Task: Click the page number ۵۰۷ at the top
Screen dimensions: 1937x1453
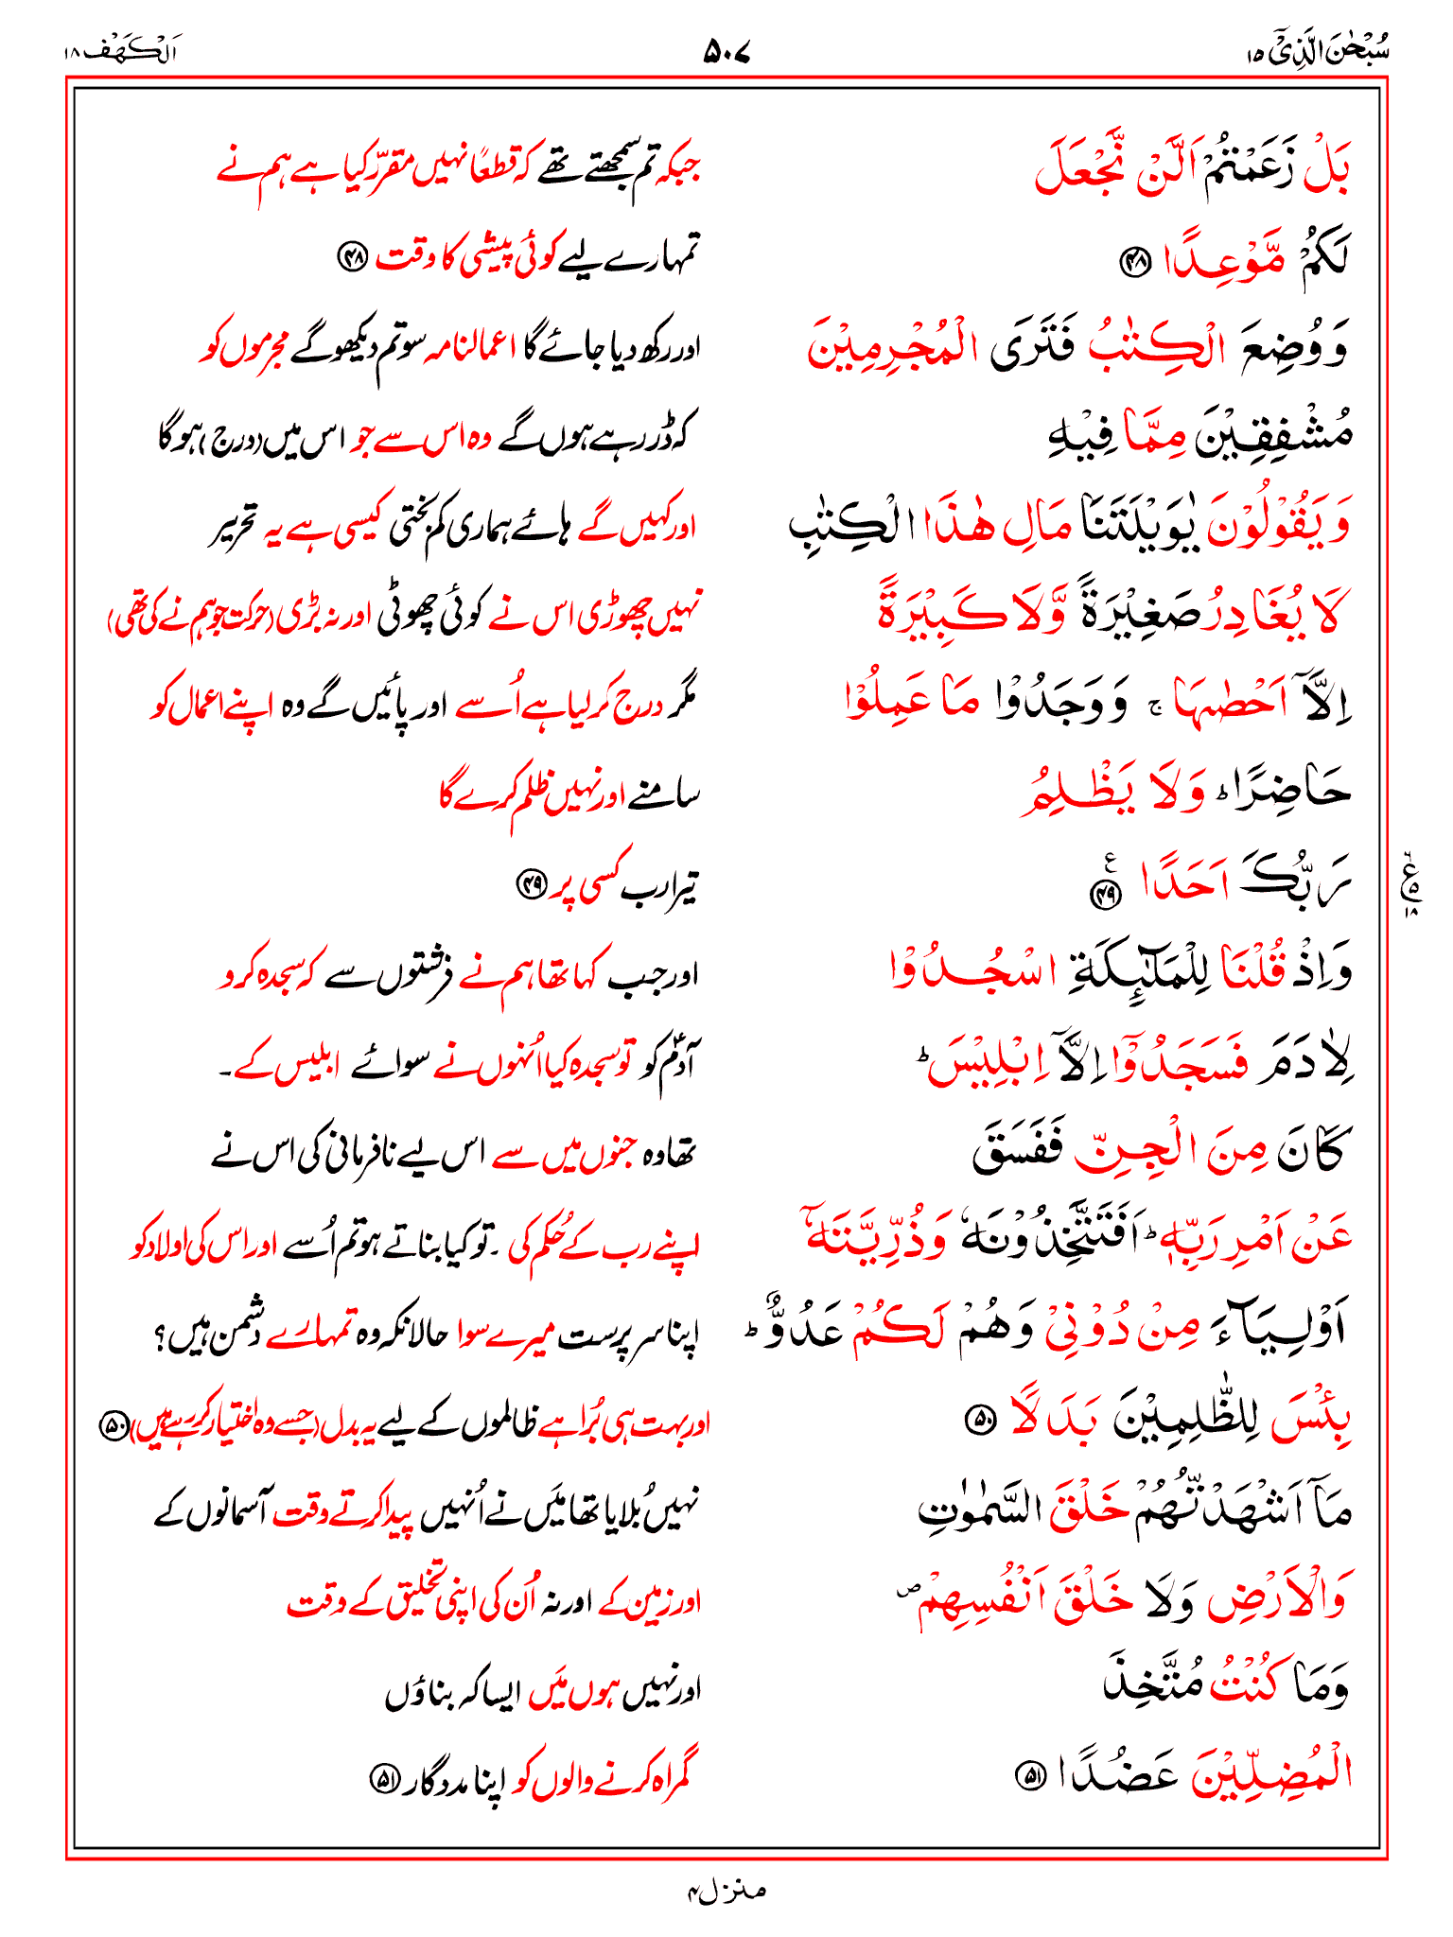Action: click(x=726, y=52)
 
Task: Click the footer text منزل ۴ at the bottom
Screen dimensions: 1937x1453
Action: click(x=726, y=1891)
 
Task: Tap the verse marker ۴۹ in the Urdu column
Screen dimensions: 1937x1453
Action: click(x=531, y=885)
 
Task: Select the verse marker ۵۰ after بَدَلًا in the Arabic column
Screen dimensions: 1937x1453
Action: click(x=979, y=1419)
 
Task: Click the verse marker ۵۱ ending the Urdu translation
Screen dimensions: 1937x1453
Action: click(x=383, y=1778)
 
